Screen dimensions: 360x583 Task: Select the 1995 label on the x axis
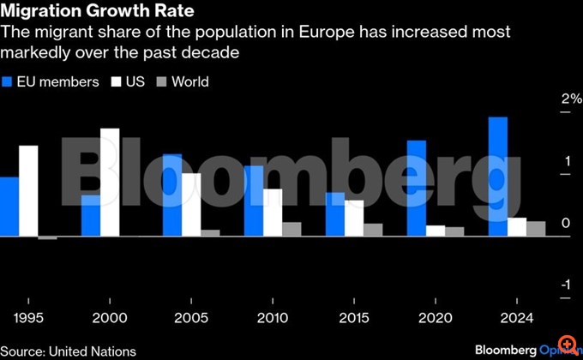[29, 318]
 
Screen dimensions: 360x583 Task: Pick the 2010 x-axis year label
[273, 318]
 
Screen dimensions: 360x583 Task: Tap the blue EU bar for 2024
[498, 177]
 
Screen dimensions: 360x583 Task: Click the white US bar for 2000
[110, 182]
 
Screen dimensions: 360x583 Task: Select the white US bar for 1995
[29, 190]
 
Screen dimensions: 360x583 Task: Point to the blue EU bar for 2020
[417, 188]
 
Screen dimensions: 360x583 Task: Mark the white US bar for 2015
[354, 218]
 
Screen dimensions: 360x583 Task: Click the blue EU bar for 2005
[172, 195]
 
